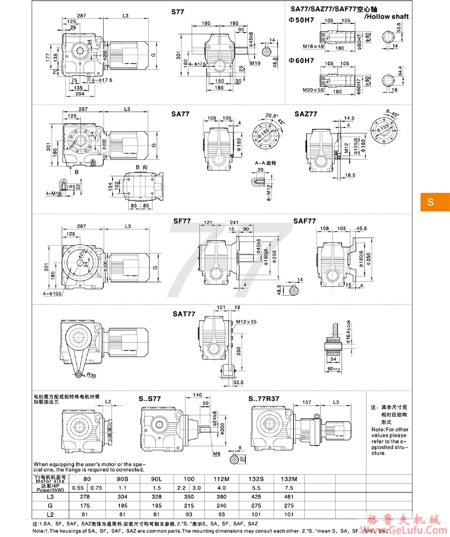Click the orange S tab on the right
click(x=435, y=202)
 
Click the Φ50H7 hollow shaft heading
click(x=301, y=21)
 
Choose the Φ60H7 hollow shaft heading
click(x=301, y=60)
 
